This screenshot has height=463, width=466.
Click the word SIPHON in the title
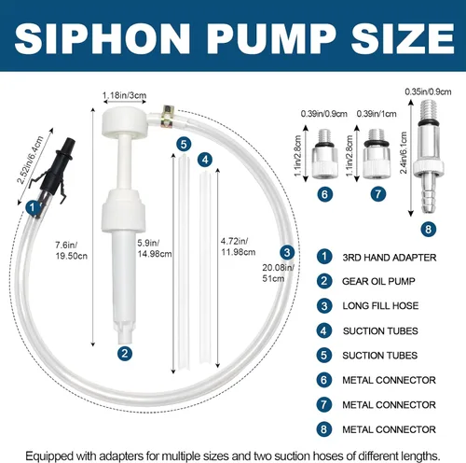pyautogui.click(x=103, y=39)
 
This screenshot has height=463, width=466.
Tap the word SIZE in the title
pyautogui.click(x=403, y=39)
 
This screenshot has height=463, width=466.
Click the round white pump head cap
pyautogui.click(x=124, y=121)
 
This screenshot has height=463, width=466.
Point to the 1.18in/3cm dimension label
pyautogui.click(x=124, y=95)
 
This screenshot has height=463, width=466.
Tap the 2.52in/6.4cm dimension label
pyautogui.click(x=30, y=160)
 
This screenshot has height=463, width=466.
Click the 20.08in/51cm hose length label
pyautogui.click(x=278, y=273)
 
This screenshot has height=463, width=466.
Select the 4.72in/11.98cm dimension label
pyautogui.click(x=238, y=246)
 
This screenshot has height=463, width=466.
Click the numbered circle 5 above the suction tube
pyautogui.click(x=184, y=145)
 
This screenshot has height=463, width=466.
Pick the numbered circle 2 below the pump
pyautogui.click(x=125, y=354)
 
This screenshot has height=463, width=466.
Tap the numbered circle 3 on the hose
pyautogui.click(x=287, y=252)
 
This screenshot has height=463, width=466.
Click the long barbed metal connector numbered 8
pyautogui.click(x=429, y=157)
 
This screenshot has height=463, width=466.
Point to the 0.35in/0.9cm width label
pyautogui.click(x=428, y=91)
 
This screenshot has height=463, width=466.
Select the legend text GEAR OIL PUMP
pyautogui.click(x=378, y=281)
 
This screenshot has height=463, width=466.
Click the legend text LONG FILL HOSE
pyautogui.click(x=380, y=305)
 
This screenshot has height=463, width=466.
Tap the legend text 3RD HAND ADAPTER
pyautogui.click(x=390, y=258)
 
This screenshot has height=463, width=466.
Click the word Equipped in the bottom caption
pyautogui.click(x=49, y=456)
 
